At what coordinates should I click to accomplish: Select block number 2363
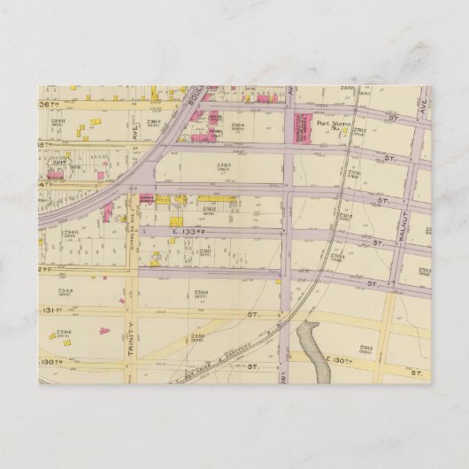(223, 165)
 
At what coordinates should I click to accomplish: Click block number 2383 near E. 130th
(366, 348)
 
